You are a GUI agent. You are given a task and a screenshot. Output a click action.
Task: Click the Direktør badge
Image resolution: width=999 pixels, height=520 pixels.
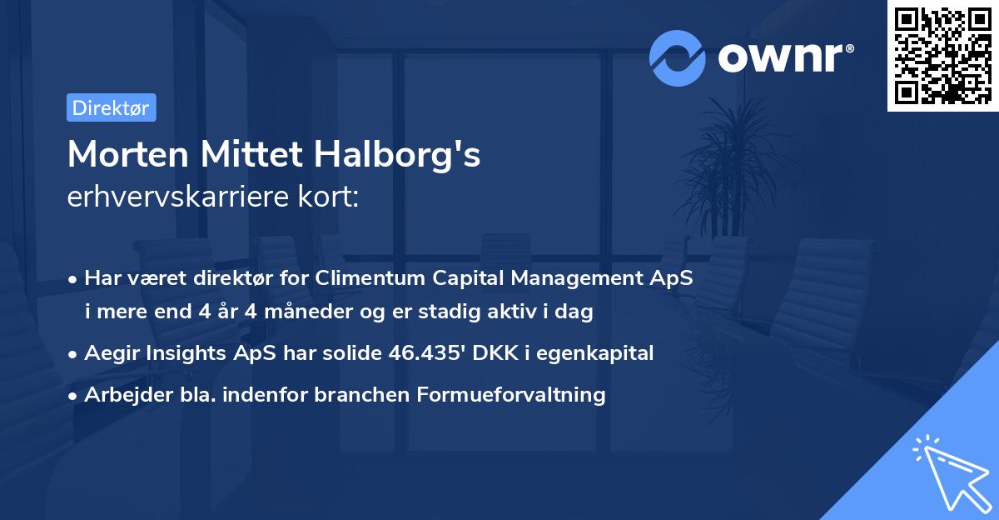pyautogui.click(x=111, y=107)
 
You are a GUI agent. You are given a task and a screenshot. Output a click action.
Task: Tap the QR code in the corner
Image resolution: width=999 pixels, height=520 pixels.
pyautogui.click(x=942, y=55)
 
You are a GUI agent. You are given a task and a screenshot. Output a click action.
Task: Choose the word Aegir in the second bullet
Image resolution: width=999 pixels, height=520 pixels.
pyautogui.click(x=111, y=353)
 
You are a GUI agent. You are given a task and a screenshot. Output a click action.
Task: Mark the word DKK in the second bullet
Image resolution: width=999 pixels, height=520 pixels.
pyautogui.click(x=493, y=353)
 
